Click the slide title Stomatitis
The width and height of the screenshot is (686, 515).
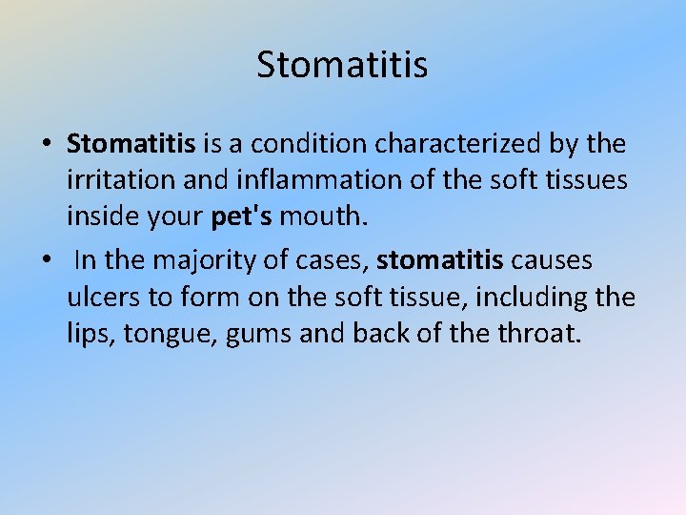point(342,66)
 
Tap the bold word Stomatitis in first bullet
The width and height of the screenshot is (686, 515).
point(131,144)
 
